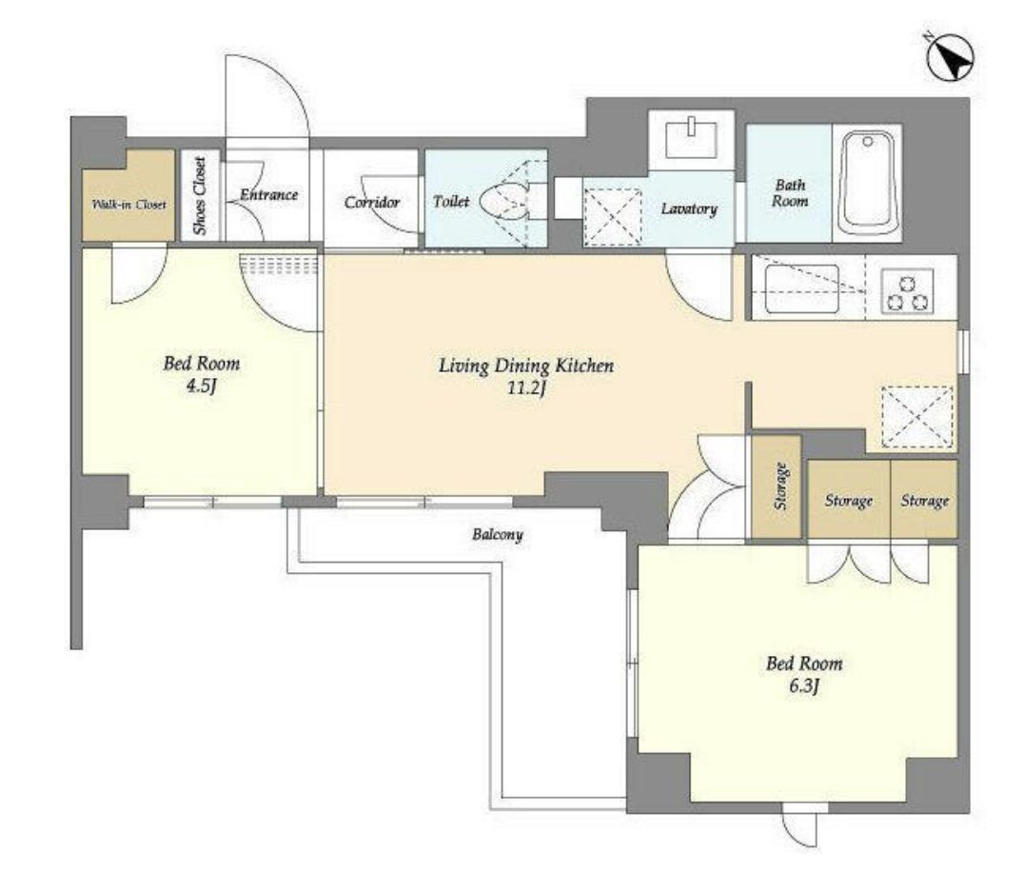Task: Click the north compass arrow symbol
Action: point(950,57)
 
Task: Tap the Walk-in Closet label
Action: point(129,205)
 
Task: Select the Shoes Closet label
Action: point(199,196)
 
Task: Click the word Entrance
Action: point(269,194)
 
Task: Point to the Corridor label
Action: point(371,203)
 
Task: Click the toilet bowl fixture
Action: point(504,200)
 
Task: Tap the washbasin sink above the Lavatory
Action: point(691,139)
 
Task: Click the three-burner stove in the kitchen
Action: point(907,292)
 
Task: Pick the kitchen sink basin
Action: point(801,288)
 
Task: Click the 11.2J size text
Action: point(526,388)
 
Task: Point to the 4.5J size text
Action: point(201,386)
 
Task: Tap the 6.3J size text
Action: point(804,685)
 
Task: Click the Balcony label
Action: point(498,535)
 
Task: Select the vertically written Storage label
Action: point(779,486)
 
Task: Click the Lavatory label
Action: point(689,208)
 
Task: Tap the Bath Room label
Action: point(790,192)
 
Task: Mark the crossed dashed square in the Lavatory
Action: point(612,217)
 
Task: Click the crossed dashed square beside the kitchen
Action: point(916,417)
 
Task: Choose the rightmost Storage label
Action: point(925,501)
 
